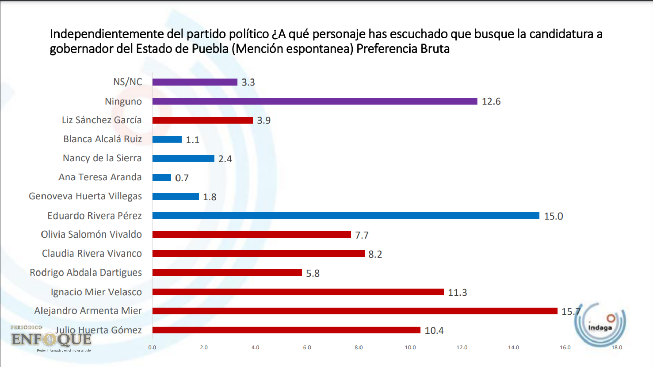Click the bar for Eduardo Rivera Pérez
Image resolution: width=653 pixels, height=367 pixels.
click(x=346, y=216)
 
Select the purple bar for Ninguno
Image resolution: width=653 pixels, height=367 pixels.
click(x=315, y=101)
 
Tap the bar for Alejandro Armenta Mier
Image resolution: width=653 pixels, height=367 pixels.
click(x=355, y=311)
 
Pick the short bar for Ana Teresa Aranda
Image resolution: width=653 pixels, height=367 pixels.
click(x=162, y=177)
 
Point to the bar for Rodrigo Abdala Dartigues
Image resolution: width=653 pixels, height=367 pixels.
click(x=227, y=273)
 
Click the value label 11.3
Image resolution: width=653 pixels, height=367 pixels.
click(x=457, y=292)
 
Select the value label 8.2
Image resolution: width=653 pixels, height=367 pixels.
click(x=375, y=254)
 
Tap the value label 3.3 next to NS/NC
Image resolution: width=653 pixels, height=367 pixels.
click(x=248, y=82)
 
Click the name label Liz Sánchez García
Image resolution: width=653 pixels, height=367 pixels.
click(x=102, y=120)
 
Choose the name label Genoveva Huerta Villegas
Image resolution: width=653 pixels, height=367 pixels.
click(x=85, y=196)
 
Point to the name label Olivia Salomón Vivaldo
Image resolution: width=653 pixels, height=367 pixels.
click(x=91, y=234)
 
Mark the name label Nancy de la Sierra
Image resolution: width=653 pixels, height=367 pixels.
click(x=102, y=158)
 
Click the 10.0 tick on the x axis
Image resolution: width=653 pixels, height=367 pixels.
click(x=410, y=347)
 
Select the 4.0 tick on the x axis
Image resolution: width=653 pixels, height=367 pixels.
click(x=255, y=347)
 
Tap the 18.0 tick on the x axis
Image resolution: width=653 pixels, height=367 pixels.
click(x=617, y=347)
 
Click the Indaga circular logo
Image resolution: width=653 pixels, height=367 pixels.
click(x=600, y=325)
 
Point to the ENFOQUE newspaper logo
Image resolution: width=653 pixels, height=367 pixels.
click(x=51, y=338)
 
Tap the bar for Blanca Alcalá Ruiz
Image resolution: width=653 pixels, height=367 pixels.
click(x=167, y=139)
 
